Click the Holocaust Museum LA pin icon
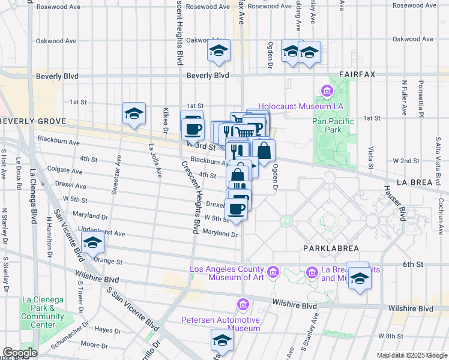click(x=327, y=91)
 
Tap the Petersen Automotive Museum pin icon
click(x=243, y=304)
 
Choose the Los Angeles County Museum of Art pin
click(x=273, y=273)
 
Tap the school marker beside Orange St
click(x=93, y=243)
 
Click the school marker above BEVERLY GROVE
click(x=134, y=113)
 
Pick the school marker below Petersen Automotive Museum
click(x=222, y=340)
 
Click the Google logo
click(x=20, y=353)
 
